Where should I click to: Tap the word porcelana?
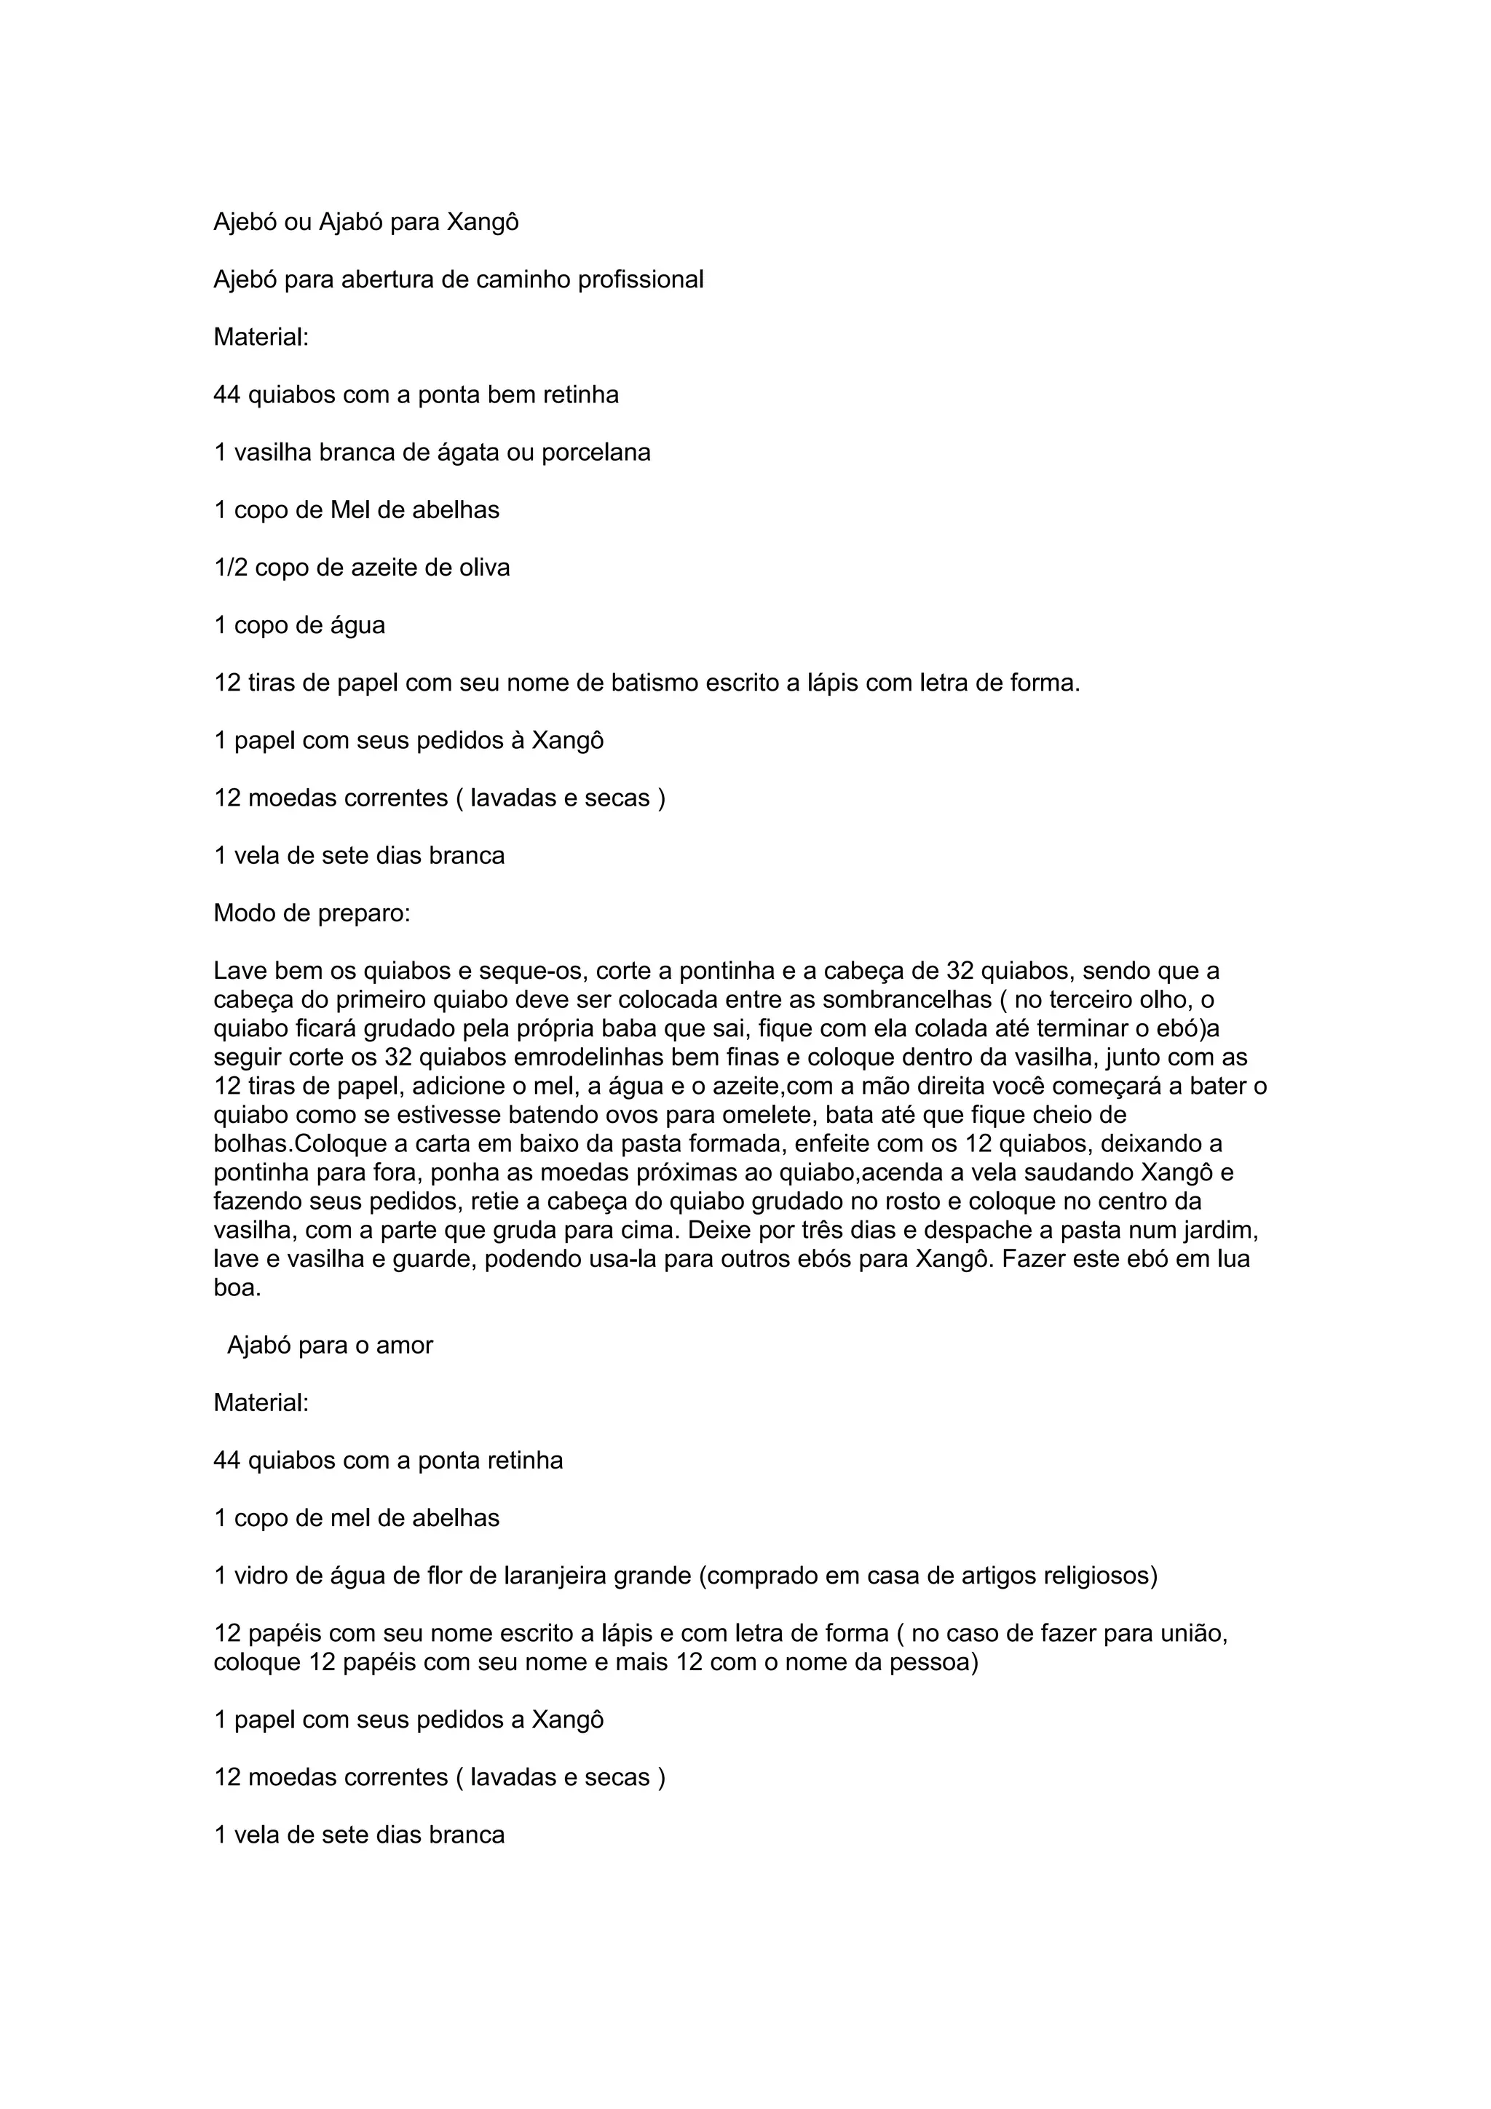point(596,452)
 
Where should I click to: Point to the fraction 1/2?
point(231,568)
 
